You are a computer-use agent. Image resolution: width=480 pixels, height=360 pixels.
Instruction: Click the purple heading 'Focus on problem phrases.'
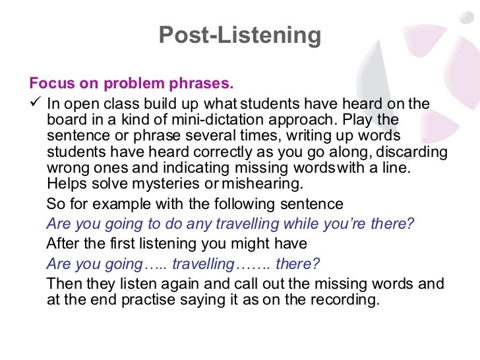(131, 84)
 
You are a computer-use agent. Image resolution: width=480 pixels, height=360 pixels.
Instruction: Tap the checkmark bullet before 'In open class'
(36, 104)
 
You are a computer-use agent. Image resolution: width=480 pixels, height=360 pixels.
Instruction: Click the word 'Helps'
(67, 184)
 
